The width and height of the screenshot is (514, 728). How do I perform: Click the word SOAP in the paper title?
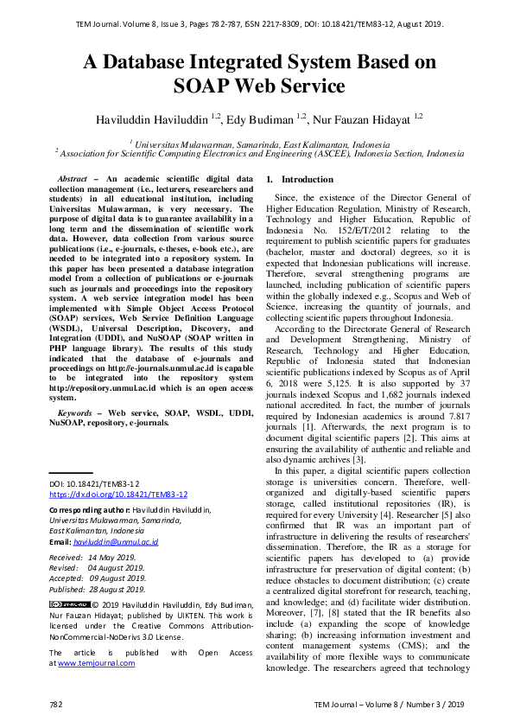tap(200, 86)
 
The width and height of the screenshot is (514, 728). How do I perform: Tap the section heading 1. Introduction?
tap(300, 179)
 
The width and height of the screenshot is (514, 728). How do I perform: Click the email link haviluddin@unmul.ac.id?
tap(116, 542)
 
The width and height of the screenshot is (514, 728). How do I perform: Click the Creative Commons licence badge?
tap(69, 604)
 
